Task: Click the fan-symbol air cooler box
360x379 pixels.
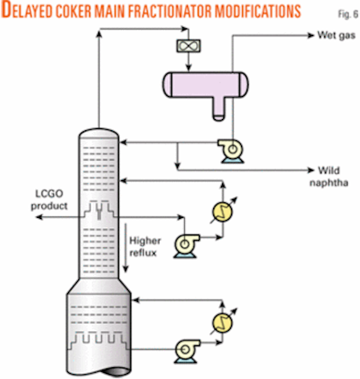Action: point(187,46)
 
